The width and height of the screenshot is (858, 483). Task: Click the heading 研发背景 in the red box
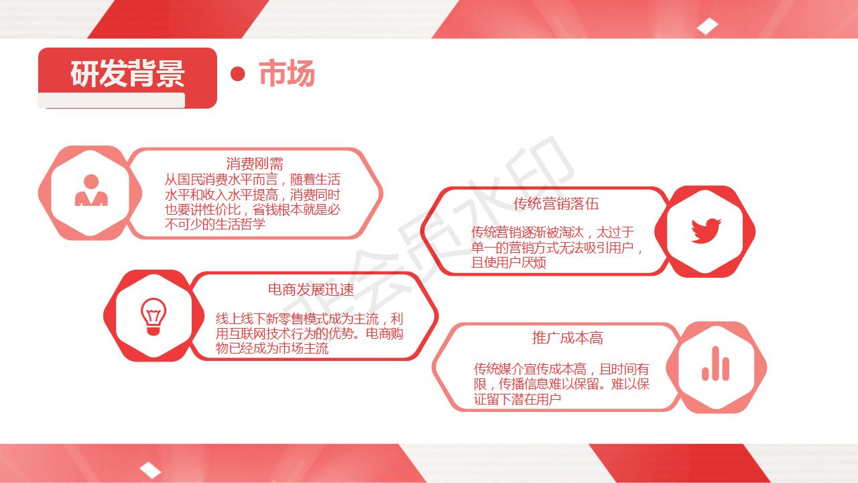point(127,73)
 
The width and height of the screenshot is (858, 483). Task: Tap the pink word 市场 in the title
point(287,73)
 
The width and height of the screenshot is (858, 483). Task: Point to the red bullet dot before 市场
point(237,74)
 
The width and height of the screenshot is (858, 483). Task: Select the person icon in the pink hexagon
point(91,190)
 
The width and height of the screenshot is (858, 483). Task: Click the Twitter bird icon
point(706,231)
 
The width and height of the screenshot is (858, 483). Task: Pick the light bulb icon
point(154,317)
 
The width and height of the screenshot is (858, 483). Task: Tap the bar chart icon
point(715,364)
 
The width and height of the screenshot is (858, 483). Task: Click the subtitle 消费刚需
point(255,164)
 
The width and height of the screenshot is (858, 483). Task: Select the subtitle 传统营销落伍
point(556,203)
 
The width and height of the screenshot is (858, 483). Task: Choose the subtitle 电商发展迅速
point(311,289)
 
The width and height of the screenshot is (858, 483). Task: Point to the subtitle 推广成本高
point(568,337)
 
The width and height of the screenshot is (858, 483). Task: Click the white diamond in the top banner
point(707,26)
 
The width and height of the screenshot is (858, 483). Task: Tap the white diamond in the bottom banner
point(150,470)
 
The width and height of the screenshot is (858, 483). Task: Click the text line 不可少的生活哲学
point(215,224)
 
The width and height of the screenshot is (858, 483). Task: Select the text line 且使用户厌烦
point(509,262)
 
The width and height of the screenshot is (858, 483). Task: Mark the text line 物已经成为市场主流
point(272,348)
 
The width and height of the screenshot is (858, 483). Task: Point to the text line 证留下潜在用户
point(517,399)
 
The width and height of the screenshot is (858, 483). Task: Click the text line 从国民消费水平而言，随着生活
point(253,179)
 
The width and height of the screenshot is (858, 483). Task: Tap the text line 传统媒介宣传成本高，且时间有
point(562,369)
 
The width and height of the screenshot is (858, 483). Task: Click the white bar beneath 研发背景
point(111,101)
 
